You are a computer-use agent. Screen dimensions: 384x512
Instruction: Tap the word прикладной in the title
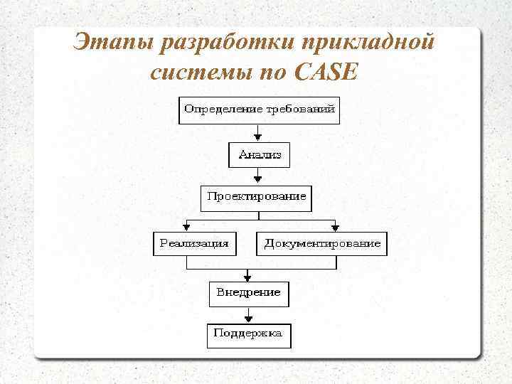point(368,43)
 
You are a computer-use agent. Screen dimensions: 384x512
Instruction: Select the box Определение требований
point(259,110)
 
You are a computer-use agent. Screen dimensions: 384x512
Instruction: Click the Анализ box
point(260,154)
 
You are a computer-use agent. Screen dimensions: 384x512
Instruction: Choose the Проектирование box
point(257,196)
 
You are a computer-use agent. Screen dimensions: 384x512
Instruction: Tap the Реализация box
point(194,243)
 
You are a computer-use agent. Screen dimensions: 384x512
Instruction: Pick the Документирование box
point(322,243)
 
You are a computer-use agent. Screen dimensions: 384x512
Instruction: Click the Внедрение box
point(249,292)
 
